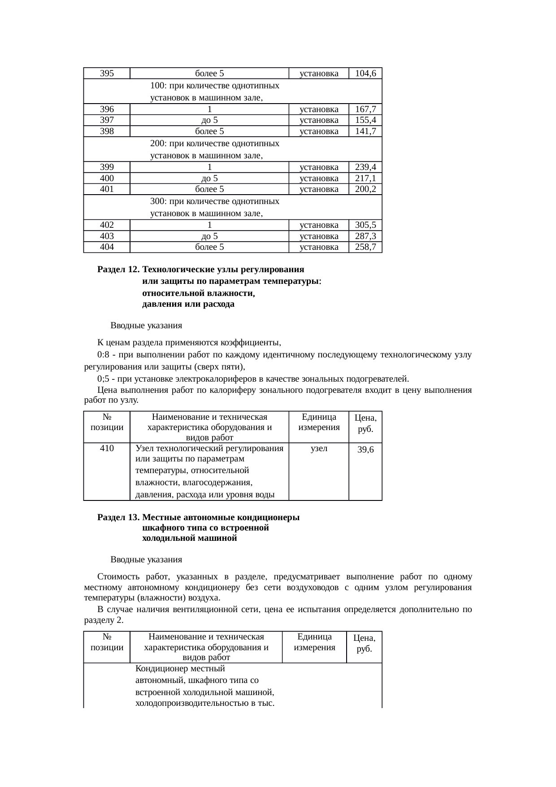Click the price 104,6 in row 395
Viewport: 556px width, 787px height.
pyautogui.click(x=365, y=74)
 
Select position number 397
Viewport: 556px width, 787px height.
pyautogui.click(x=107, y=120)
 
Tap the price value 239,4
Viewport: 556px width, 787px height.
pyautogui.click(x=365, y=167)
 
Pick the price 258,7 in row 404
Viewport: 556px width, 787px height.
pyautogui.click(x=365, y=247)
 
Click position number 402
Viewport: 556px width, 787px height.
pyautogui.click(x=107, y=225)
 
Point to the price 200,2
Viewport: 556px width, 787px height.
pyautogui.click(x=365, y=189)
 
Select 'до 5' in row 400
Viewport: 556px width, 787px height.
pyautogui.click(x=209, y=178)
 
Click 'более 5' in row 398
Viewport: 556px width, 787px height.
pyautogui.click(x=209, y=131)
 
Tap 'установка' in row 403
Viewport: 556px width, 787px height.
pyautogui.click(x=318, y=236)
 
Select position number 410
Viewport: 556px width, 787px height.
pyautogui.click(x=107, y=448)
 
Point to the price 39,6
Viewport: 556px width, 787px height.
pyautogui.click(x=365, y=450)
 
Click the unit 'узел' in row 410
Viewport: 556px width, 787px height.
pyautogui.click(x=318, y=448)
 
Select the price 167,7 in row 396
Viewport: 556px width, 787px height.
pyautogui.click(x=365, y=109)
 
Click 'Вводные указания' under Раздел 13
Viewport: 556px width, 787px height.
pyautogui.click(x=146, y=560)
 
